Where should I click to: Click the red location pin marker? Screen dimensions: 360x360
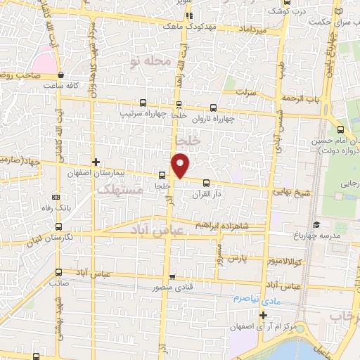tap(181, 165)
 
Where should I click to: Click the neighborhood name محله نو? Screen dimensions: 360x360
tap(150, 63)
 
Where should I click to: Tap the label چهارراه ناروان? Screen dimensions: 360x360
tap(215, 118)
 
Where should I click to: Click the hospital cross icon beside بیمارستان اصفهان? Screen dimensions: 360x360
tap(105, 162)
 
